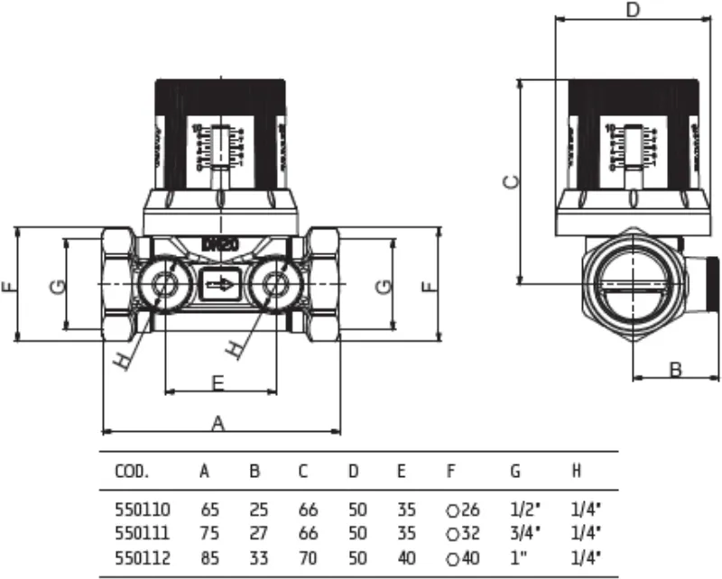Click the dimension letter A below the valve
pyautogui.click(x=218, y=421)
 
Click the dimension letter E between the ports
pyautogui.click(x=218, y=382)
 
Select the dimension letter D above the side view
pyautogui.click(x=633, y=11)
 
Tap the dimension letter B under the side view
pyautogui.click(x=675, y=368)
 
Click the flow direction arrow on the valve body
pyautogui.click(x=219, y=285)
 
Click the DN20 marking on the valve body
pyautogui.click(x=220, y=244)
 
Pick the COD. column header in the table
pyautogui.click(x=132, y=471)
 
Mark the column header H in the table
pyautogui.click(x=576, y=471)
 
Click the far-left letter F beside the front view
pyautogui.click(x=9, y=286)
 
